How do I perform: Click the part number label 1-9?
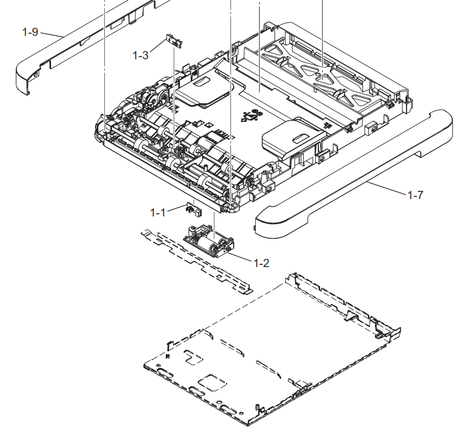pyautogui.click(x=30, y=32)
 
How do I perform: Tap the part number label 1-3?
pyautogui.click(x=140, y=55)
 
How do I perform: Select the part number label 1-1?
pyautogui.click(x=158, y=212)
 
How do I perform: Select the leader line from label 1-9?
pyautogui.click(x=52, y=35)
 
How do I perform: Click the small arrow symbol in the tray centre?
pyautogui.click(x=249, y=116)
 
